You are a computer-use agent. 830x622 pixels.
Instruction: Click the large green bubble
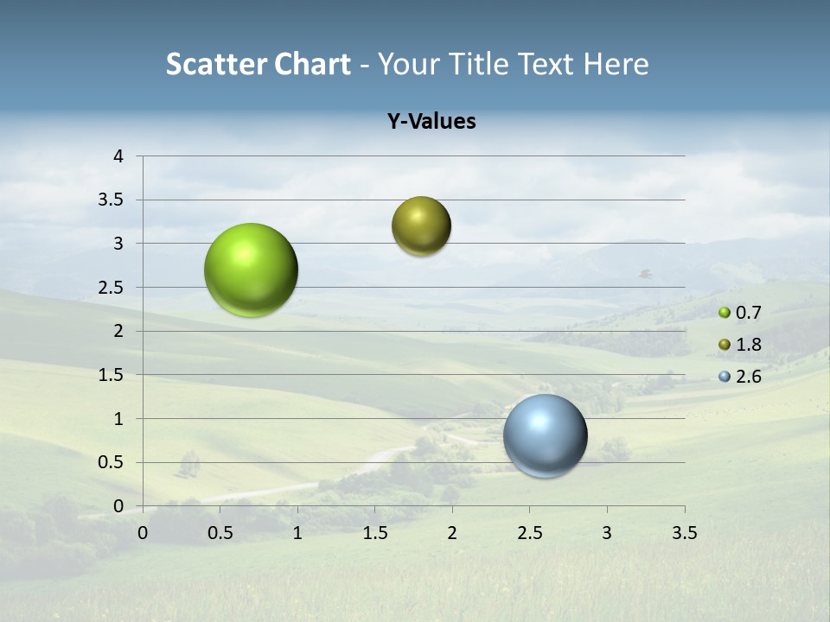coord(252,270)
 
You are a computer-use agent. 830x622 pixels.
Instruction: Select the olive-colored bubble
coord(421,226)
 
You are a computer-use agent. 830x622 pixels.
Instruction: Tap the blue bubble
coord(545,435)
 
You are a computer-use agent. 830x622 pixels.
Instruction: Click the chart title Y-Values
coord(431,122)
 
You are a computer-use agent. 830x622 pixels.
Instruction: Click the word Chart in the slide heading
coord(312,64)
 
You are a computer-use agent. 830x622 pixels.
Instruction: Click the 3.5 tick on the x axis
coord(685,533)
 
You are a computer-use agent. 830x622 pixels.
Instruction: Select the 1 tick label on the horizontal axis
coord(297,533)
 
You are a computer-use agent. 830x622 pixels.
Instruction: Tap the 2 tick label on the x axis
coord(452,533)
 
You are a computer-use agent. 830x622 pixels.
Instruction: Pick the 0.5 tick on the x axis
coord(220,533)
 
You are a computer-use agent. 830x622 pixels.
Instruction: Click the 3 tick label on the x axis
coord(607,533)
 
